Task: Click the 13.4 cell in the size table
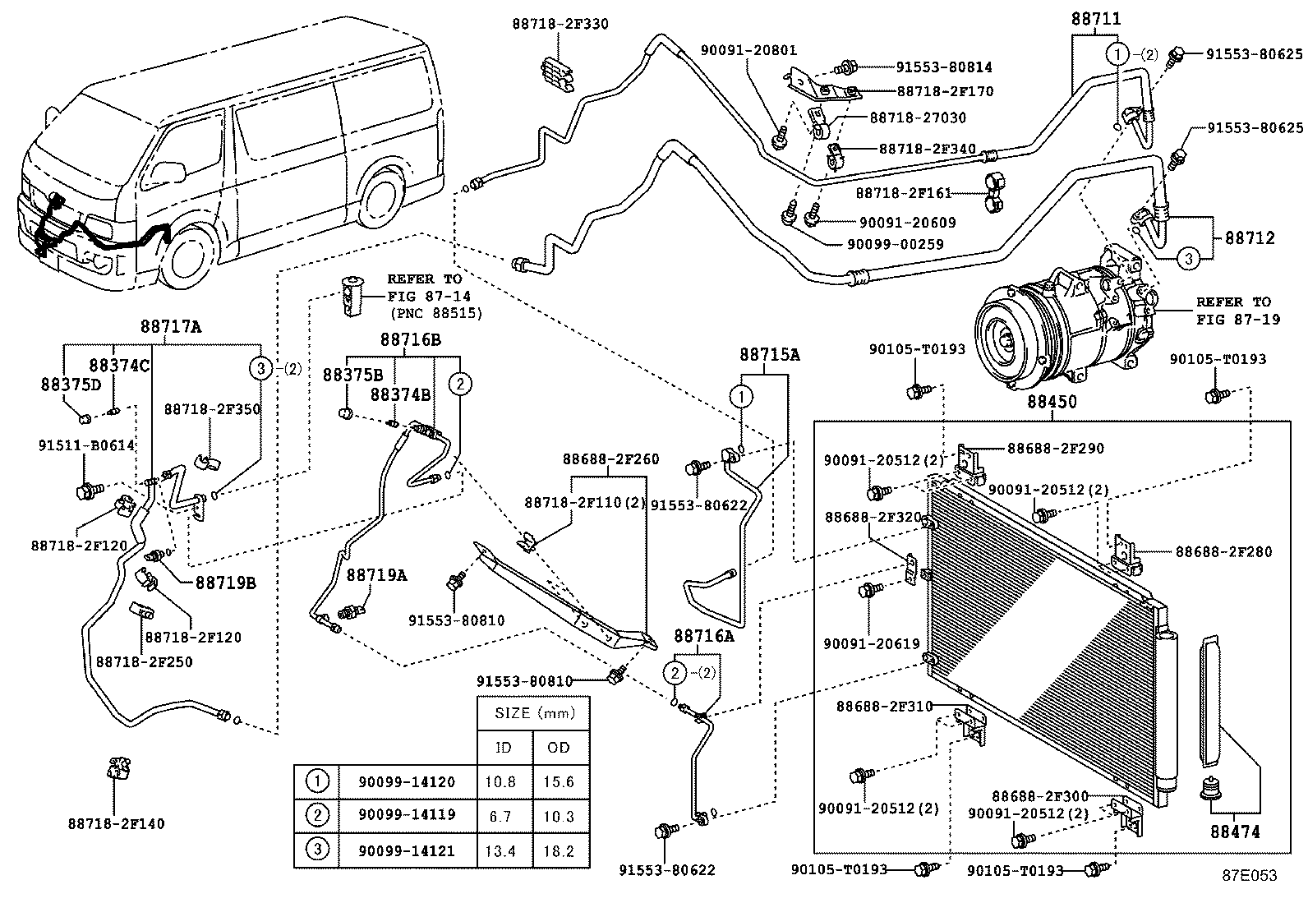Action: pos(500,851)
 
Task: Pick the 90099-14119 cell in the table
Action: pos(406,816)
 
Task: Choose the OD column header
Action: pos(559,747)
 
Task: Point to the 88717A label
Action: pos(170,326)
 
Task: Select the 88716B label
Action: pos(410,339)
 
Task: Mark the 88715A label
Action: pos(769,354)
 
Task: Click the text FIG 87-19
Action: pos(1238,320)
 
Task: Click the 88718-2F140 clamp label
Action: pos(117,822)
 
